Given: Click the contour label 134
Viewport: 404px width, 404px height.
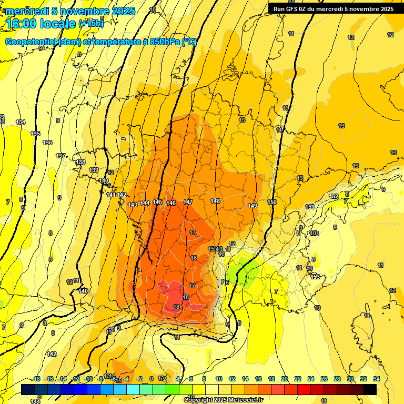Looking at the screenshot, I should coord(21,122).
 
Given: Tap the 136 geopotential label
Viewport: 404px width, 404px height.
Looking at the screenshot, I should coord(47,143).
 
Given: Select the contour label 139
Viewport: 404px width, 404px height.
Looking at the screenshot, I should coord(94,170).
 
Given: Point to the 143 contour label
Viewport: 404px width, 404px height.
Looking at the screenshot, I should coord(133,205).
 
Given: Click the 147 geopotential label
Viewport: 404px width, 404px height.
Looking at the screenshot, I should coord(188,203).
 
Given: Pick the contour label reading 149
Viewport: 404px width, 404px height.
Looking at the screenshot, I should coord(252,205).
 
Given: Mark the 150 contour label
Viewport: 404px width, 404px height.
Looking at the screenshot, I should coord(272,202).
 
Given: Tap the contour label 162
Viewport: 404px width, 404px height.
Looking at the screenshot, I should coord(334,196).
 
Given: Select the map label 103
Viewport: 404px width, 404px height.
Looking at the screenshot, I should coord(315,233).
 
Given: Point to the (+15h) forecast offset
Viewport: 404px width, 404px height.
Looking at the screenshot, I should coord(91,24).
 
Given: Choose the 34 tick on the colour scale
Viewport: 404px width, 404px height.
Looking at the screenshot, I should coord(376,379).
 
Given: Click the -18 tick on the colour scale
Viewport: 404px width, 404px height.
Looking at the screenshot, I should coord(36,379).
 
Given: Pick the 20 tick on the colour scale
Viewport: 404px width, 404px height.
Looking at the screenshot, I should coord(285,379).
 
